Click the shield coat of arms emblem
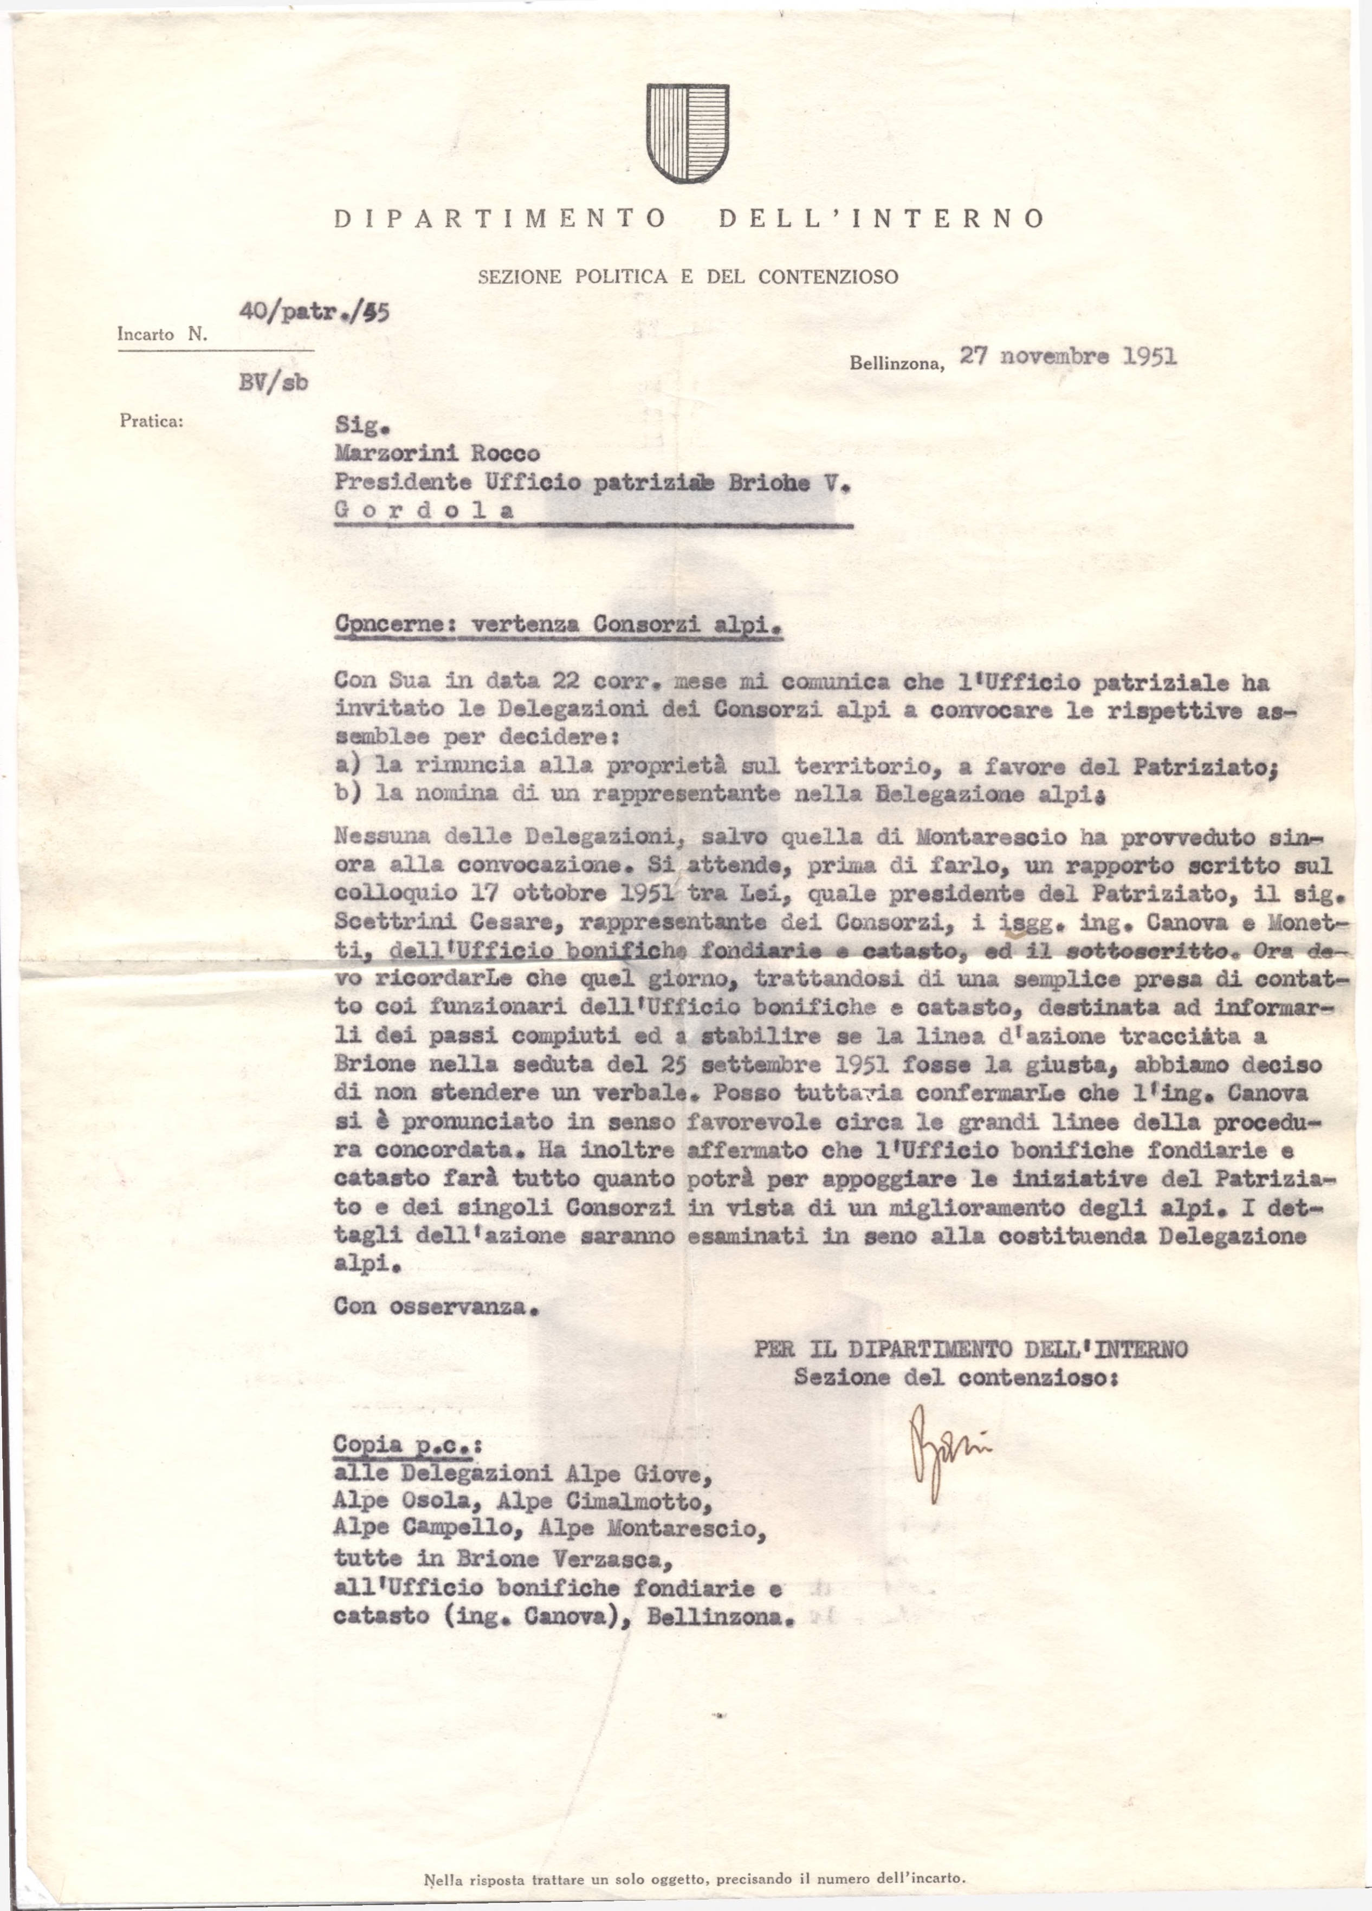[687, 133]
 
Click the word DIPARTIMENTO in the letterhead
[501, 219]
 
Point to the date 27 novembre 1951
[1068, 356]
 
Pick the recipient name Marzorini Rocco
[437, 454]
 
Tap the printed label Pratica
[152, 420]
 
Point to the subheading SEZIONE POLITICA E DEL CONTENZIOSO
[688, 276]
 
